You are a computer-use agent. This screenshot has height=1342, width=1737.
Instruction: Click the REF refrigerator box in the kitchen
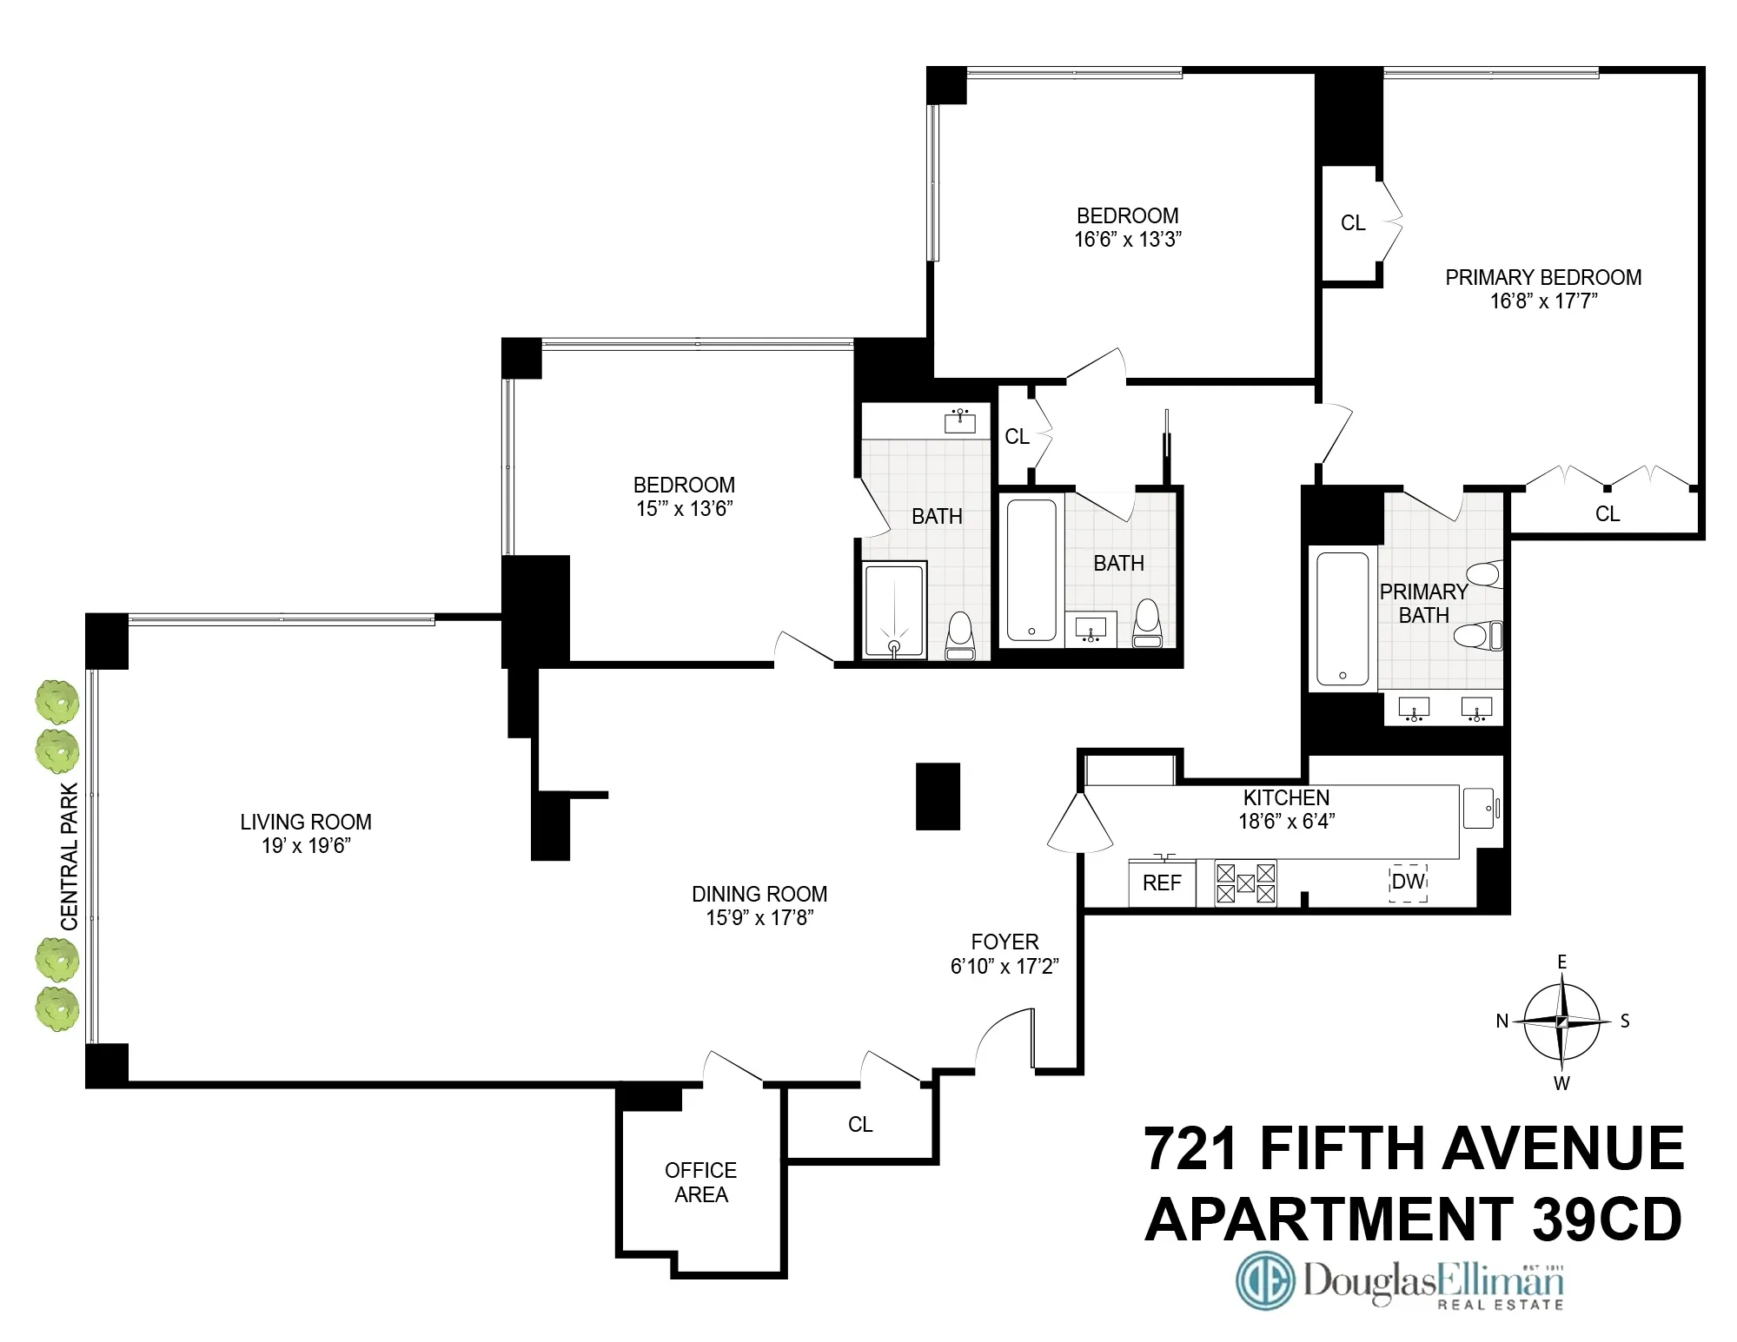pyautogui.click(x=1162, y=883)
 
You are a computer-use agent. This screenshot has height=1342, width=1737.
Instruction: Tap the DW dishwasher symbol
pyautogui.click(x=1408, y=883)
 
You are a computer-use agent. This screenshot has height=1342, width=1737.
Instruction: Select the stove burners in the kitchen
pyautogui.click(x=1245, y=883)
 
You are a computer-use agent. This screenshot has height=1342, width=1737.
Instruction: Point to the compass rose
pyautogui.click(x=1561, y=1021)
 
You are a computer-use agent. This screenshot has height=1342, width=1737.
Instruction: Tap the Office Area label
pyautogui.click(x=700, y=1182)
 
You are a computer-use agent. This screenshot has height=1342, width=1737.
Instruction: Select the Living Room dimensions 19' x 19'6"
pyautogui.click(x=306, y=846)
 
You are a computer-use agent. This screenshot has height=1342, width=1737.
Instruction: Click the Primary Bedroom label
pyautogui.click(x=1543, y=278)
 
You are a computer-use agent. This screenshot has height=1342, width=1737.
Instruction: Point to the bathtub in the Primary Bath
pyautogui.click(x=1343, y=618)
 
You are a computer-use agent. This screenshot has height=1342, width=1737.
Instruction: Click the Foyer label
pyautogui.click(x=1004, y=942)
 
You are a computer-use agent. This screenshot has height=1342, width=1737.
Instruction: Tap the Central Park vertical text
pyautogui.click(x=70, y=856)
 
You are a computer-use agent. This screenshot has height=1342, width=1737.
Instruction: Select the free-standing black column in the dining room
pyautogui.click(x=938, y=796)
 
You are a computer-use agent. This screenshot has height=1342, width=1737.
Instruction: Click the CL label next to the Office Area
pyautogui.click(x=860, y=1125)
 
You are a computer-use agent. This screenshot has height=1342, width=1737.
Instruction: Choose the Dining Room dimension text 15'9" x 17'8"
pyautogui.click(x=759, y=918)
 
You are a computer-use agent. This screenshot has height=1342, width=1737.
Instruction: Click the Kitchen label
pyautogui.click(x=1286, y=797)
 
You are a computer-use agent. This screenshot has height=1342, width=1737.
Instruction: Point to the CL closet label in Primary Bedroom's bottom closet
pyautogui.click(x=1608, y=514)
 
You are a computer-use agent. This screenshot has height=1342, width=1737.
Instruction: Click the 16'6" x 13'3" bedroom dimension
pyautogui.click(x=1128, y=240)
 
